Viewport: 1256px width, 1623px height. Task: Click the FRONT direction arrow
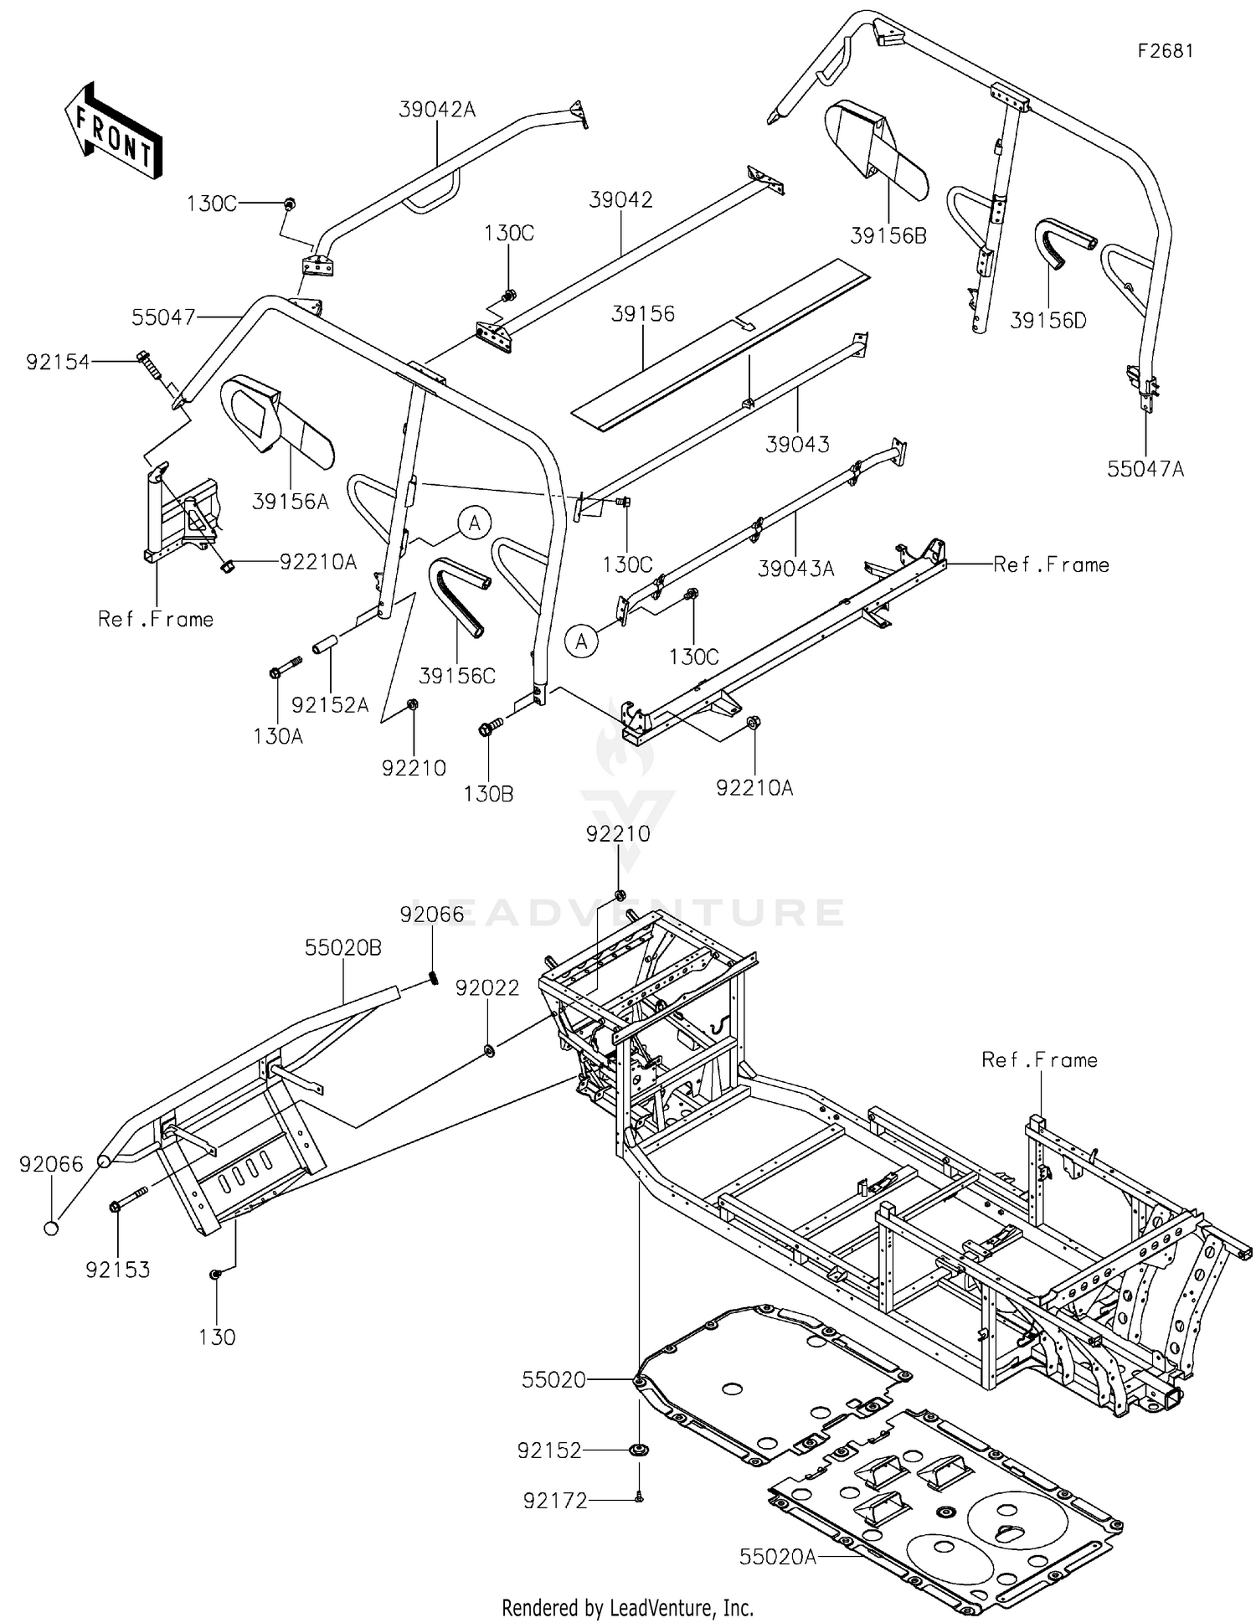(113, 130)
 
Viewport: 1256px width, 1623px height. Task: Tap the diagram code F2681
(1165, 51)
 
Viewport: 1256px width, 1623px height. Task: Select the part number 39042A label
(436, 109)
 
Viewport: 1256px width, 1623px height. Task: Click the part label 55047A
(1145, 469)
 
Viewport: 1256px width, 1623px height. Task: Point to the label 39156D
(1048, 320)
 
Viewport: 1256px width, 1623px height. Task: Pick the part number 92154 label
(57, 363)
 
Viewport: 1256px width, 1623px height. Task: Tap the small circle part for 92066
(51, 1228)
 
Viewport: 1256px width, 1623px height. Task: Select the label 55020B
(342, 947)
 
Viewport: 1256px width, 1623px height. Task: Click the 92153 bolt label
(117, 1270)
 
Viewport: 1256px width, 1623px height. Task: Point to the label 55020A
(777, 1556)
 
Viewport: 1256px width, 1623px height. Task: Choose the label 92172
(555, 1502)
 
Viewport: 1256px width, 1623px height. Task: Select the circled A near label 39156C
(475, 523)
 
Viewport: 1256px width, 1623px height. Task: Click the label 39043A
(795, 569)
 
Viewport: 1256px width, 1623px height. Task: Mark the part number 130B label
(488, 793)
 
